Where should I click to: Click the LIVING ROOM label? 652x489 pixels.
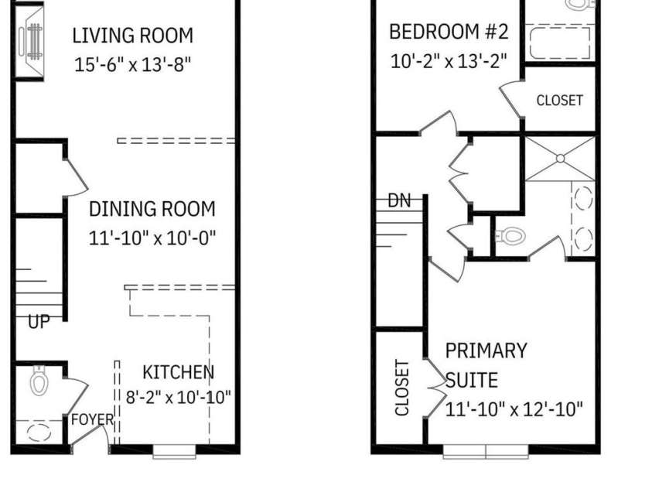pos(133,36)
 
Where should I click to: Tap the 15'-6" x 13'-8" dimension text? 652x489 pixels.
pos(133,64)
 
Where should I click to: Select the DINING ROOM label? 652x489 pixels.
pos(152,209)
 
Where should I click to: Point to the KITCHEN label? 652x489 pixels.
pos(179,372)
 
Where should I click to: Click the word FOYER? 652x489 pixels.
pos(92,419)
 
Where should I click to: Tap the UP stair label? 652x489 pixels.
pos(39,322)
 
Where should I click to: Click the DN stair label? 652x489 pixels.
pos(399,200)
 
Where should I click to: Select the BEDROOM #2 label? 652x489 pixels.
pos(449,32)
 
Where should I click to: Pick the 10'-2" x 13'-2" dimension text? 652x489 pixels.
pos(449,61)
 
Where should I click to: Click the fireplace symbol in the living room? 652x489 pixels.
pos(30,41)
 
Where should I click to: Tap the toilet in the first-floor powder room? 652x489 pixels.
pos(39,380)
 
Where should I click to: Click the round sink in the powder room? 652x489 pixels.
pos(39,432)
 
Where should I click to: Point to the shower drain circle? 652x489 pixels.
pos(560,159)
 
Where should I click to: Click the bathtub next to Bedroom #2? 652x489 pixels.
pos(560,43)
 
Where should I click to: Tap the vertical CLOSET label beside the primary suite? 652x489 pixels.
pos(402,388)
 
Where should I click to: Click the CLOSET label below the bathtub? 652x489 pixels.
pos(560,101)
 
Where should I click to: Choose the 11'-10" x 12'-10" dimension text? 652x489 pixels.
pos(514,409)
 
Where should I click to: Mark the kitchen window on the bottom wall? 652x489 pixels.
pos(174,452)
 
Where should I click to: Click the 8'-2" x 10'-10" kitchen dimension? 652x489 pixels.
pos(179,398)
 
